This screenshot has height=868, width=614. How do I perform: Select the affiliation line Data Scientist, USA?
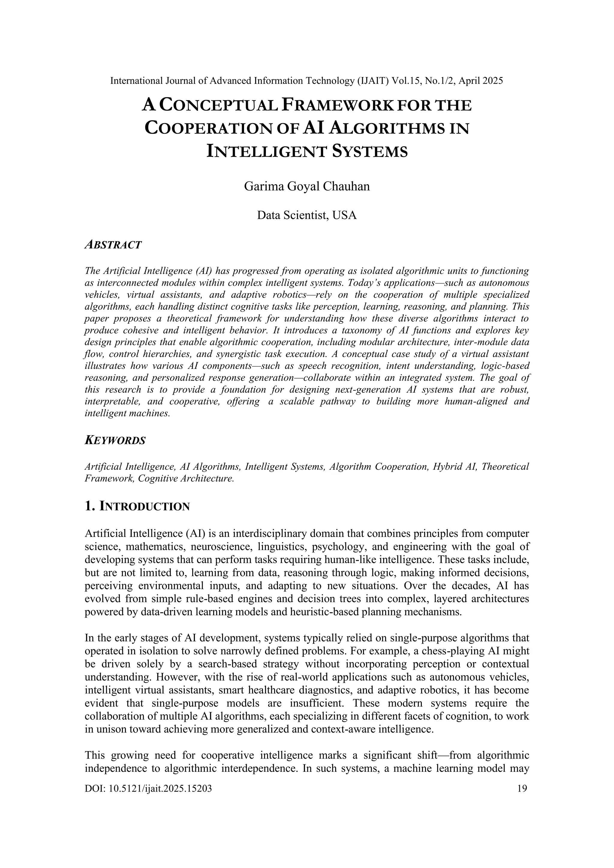(x=307, y=215)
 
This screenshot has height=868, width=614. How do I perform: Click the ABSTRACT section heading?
(x=113, y=245)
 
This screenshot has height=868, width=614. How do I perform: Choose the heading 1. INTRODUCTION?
(x=137, y=507)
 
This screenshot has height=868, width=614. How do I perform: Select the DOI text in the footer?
(x=148, y=788)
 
